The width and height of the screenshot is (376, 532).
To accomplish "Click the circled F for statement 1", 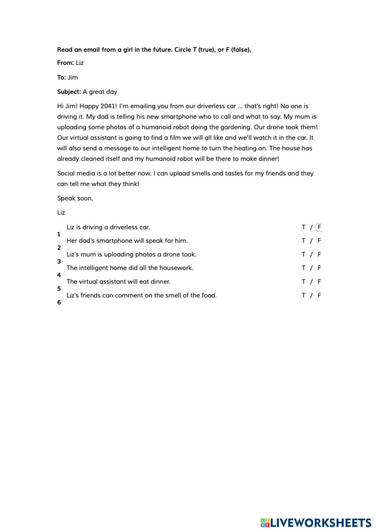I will tap(319, 227).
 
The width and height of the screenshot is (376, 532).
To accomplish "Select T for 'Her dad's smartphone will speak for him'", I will tap(303, 241).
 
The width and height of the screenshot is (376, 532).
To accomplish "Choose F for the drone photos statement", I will tap(319, 255).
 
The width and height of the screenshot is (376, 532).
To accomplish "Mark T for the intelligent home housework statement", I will tap(303, 268).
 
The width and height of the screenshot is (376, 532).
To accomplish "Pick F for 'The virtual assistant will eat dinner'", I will tap(319, 282).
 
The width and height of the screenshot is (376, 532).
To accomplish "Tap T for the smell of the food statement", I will tap(303, 296).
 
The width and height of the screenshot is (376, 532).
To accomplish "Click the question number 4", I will tap(59, 275).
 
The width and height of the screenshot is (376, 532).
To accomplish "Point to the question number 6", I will tap(59, 302).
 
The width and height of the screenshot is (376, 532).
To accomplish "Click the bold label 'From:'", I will tap(65, 63).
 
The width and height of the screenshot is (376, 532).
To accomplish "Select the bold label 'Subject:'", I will tap(69, 92).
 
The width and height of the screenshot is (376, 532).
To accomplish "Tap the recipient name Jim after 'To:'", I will tap(73, 77).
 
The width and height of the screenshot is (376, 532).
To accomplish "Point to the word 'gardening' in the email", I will tap(232, 127).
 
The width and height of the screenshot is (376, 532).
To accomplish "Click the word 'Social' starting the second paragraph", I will tap(66, 173).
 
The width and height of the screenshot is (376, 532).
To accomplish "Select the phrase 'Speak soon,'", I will tap(75, 198).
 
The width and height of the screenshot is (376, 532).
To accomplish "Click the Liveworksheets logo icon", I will tap(265, 523).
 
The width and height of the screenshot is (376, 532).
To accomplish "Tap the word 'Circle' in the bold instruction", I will tap(183, 50).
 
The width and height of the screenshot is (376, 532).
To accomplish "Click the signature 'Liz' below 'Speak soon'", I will tap(61, 212).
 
